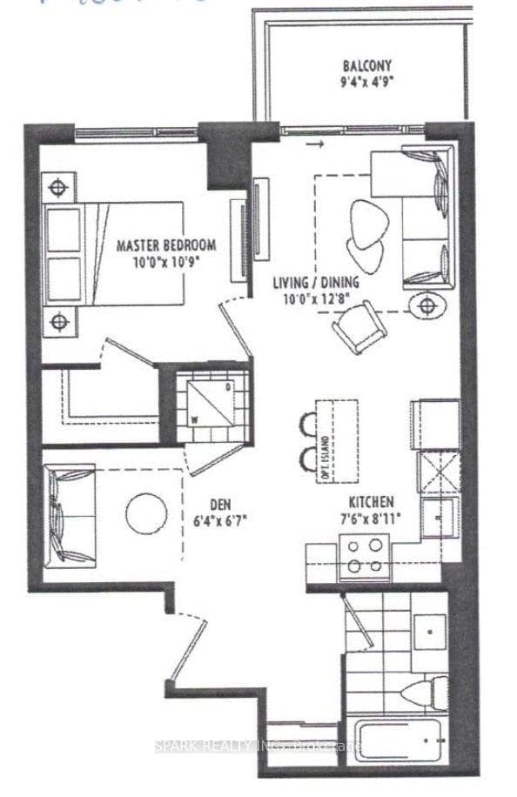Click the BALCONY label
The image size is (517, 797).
click(366, 65)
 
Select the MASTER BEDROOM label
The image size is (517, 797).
click(166, 245)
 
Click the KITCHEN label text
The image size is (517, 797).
click(372, 502)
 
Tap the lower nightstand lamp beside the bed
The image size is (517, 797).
click(57, 322)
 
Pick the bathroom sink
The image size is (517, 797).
click(427, 630)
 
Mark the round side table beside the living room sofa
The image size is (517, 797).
click(426, 305)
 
